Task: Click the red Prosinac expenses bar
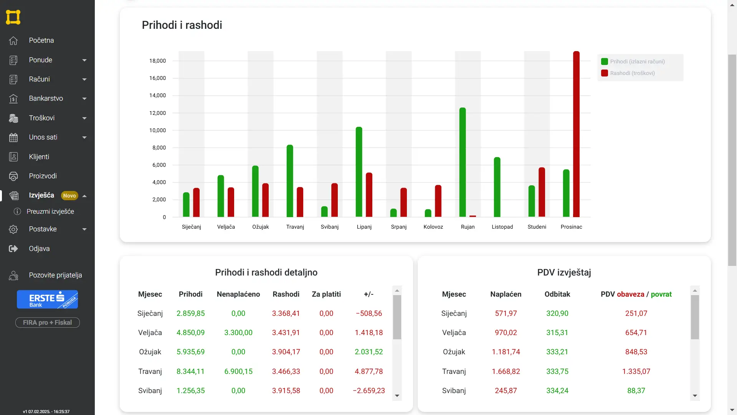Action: click(x=576, y=134)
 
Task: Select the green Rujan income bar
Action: click(x=463, y=162)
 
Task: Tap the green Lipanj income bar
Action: click(x=359, y=172)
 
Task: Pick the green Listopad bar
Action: click(x=497, y=187)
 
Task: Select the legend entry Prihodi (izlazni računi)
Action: click(x=633, y=61)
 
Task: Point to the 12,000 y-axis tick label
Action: click(x=157, y=113)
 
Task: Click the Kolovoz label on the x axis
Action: click(x=433, y=227)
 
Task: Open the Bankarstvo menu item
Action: click(x=46, y=98)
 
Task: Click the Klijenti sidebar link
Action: click(x=39, y=157)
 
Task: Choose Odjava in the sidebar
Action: click(x=39, y=249)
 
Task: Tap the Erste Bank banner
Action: click(x=47, y=299)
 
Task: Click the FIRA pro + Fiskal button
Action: click(x=47, y=322)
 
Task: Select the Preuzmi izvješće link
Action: click(x=50, y=211)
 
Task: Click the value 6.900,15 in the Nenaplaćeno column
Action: click(x=238, y=371)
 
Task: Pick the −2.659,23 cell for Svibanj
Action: click(x=369, y=390)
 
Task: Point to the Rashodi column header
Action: click(x=286, y=294)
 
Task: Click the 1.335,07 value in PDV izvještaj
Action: click(x=636, y=371)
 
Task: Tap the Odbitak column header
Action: click(x=557, y=294)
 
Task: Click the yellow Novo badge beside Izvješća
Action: click(x=69, y=196)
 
